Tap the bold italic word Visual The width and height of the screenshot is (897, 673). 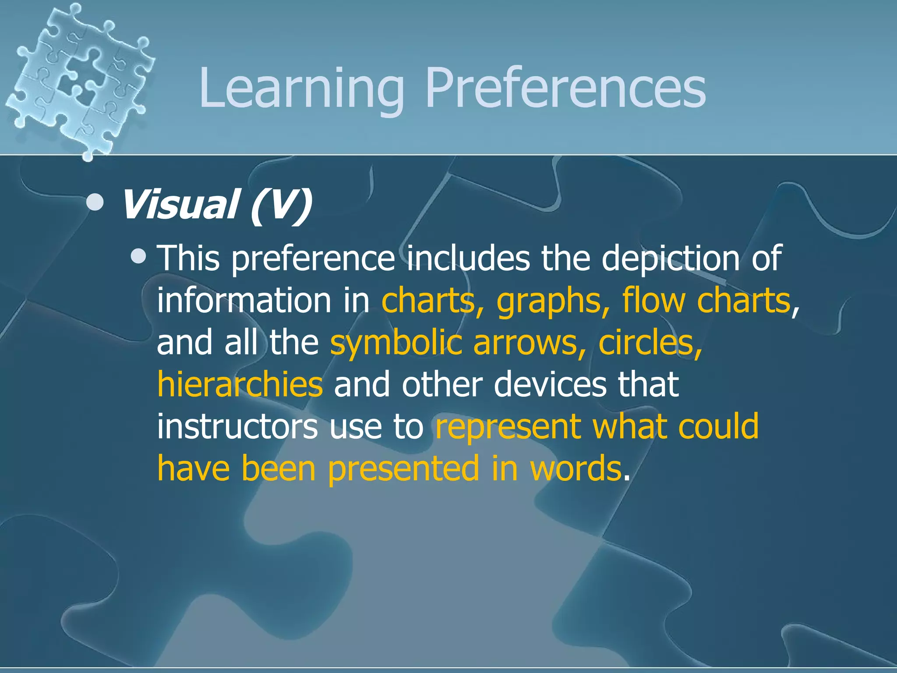point(179,205)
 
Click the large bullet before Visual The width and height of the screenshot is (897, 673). point(95,202)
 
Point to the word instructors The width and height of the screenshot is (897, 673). point(237,426)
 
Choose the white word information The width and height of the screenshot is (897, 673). point(244,301)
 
